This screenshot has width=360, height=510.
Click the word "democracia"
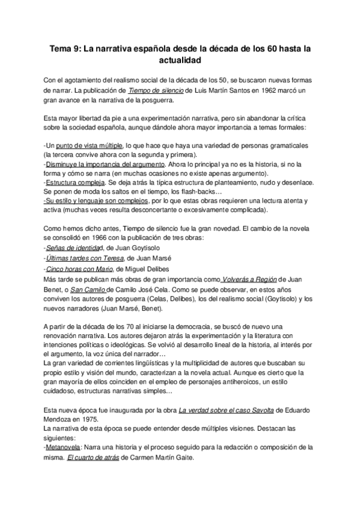pos(203,325)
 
